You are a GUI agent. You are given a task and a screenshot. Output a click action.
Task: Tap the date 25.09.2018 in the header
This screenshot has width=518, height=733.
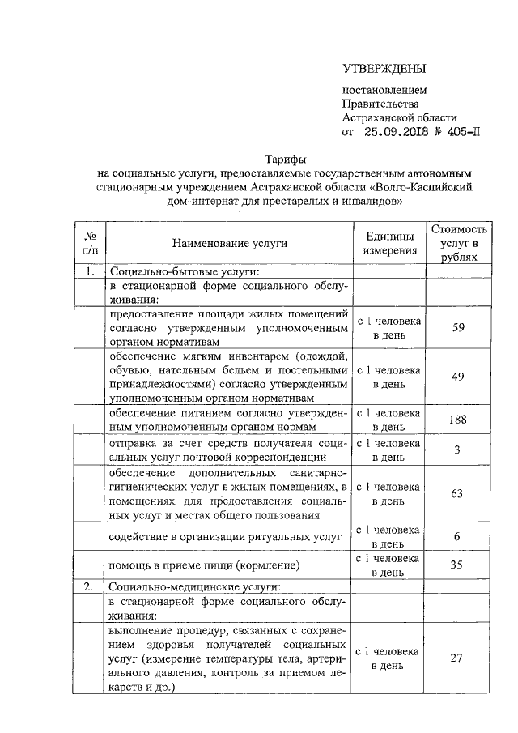397,133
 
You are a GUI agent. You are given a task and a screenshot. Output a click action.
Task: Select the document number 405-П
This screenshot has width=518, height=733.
464,133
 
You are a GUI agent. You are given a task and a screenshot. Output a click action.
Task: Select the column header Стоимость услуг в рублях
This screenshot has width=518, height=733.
459,242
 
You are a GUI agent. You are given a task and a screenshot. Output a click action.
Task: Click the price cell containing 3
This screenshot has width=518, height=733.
458,450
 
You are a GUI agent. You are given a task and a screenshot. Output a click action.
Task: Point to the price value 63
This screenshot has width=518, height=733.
458,492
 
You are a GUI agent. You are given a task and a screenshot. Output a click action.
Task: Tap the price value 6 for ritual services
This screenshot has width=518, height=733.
458,536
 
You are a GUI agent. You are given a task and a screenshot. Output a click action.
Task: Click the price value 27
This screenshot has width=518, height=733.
458,658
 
